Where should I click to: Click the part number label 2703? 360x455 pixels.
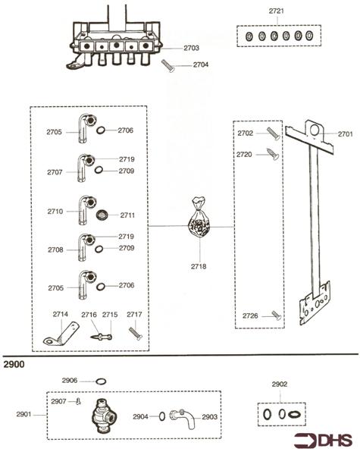191,48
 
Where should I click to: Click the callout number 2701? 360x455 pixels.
346,134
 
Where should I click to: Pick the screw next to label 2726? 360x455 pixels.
277,315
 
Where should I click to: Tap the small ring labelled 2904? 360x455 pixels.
161,416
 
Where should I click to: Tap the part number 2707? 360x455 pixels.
55,172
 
